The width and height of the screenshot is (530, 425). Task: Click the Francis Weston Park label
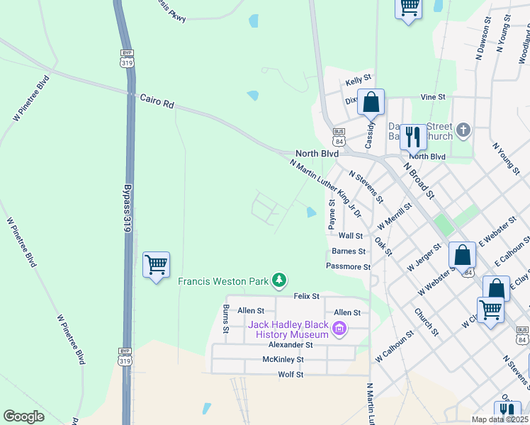click(x=222, y=281)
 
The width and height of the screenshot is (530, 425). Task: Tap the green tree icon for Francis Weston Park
click(x=280, y=281)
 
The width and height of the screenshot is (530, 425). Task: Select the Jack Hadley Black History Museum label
click(x=288, y=330)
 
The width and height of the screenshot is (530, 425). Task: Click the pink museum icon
click(x=339, y=328)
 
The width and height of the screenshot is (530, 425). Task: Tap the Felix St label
click(x=307, y=296)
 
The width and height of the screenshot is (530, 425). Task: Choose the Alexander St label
click(x=290, y=345)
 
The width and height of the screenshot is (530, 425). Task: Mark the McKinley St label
click(x=283, y=359)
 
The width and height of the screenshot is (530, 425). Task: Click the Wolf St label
click(x=291, y=374)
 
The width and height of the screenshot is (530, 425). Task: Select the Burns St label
click(x=225, y=319)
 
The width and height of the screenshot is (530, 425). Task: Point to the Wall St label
click(x=351, y=236)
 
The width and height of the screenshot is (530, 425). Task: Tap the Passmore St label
click(x=348, y=267)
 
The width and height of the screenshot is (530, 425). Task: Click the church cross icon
click(x=463, y=130)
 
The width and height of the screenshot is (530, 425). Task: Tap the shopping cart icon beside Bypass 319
click(x=156, y=265)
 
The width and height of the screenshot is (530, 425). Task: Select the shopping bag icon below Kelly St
click(x=371, y=103)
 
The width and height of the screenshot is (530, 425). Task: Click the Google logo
click(x=24, y=416)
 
